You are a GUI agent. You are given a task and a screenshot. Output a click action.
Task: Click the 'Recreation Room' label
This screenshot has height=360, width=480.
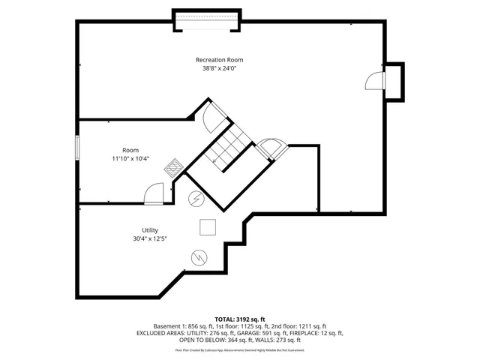pos(219,59)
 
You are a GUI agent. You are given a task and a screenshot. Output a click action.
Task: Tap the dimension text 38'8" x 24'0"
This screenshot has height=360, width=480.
pos(219,68)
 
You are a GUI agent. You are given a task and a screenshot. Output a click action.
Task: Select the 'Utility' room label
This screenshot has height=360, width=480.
pos(150,230)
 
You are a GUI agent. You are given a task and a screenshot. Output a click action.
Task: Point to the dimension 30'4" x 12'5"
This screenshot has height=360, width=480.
pos(150,239)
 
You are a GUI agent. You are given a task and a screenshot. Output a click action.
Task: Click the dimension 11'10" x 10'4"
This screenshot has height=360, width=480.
pos(130,158)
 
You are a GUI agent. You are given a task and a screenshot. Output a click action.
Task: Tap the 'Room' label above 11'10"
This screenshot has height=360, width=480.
pos(130,149)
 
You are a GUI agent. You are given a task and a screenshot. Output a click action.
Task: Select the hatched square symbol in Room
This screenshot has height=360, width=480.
pos(173,166)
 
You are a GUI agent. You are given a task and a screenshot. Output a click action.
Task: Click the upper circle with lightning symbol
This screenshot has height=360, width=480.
pos(195,199)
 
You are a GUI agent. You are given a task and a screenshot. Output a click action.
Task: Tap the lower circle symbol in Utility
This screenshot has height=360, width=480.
pos(199,256)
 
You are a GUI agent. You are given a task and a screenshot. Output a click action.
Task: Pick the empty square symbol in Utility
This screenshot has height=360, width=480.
pos(208,227)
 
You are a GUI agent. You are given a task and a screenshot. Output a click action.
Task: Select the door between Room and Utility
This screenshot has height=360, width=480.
pos(154,193)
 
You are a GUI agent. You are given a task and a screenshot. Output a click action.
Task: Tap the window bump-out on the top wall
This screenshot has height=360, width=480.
pos(206,21)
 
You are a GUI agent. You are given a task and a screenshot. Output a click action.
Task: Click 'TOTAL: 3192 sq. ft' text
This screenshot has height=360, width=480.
pos(239,319)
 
